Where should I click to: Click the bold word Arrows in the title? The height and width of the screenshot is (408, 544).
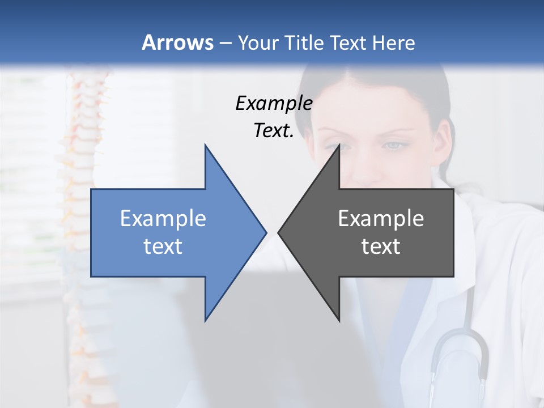tap(177, 42)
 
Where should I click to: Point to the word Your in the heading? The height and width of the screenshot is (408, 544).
tap(258, 43)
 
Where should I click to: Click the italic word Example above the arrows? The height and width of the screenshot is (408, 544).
tap(274, 103)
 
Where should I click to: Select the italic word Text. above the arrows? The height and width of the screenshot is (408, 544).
tap(274, 130)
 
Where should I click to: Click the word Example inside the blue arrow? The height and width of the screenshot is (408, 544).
tap(163, 218)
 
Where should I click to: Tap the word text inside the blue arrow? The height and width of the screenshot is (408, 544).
tap(163, 246)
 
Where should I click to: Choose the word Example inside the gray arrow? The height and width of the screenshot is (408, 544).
tap(381, 218)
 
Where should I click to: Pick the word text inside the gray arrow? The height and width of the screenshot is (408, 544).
tap(381, 246)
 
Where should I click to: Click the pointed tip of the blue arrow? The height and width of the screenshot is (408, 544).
tap(265, 232)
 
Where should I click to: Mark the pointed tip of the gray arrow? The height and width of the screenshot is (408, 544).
tap(279, 232)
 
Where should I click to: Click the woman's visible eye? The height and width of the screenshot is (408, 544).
tap(395, 146)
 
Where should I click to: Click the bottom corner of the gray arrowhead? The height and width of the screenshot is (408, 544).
tap(339, 320)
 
